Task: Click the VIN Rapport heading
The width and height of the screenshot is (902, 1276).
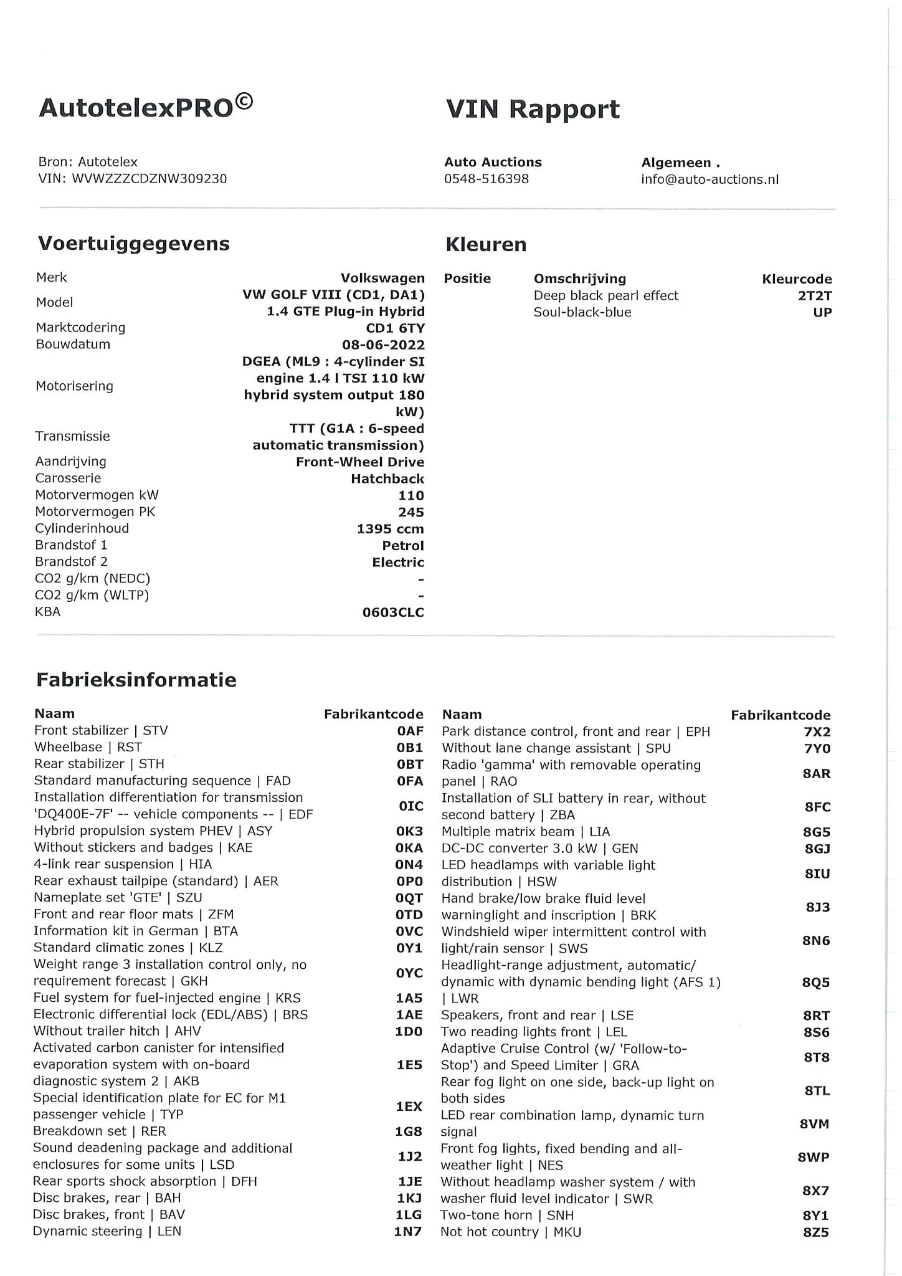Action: (533, 109)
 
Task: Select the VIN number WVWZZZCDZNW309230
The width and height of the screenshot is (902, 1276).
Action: (150, 179)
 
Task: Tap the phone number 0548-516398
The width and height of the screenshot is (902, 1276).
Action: (487, 179)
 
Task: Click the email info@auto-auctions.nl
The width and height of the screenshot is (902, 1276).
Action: (710, 179)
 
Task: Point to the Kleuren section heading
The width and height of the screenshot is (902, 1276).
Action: (486, 244)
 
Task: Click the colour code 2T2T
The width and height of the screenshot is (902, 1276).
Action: (814, 296)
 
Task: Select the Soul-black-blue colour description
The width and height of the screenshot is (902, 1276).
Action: (582, 312)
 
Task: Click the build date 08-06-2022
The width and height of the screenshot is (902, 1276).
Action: (383, 345)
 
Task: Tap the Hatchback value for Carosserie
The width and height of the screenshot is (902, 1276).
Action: (387, 478)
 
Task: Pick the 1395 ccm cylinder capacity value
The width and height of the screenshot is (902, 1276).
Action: (390, 529)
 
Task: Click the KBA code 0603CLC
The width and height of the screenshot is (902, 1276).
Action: (393, 612)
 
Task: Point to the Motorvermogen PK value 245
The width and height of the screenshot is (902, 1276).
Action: (411, 512)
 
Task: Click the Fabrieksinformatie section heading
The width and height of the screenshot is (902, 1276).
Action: (136, 679)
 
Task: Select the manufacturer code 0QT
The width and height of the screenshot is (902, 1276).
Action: (409, 898)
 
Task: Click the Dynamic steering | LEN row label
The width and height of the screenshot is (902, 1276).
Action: (107, 1231)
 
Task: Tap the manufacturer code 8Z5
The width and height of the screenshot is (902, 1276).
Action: (816, 1232)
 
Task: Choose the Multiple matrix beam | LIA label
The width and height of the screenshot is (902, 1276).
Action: (525, 832)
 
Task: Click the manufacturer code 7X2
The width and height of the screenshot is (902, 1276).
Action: (817, 732)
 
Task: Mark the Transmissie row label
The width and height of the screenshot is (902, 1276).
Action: (72, 436)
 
